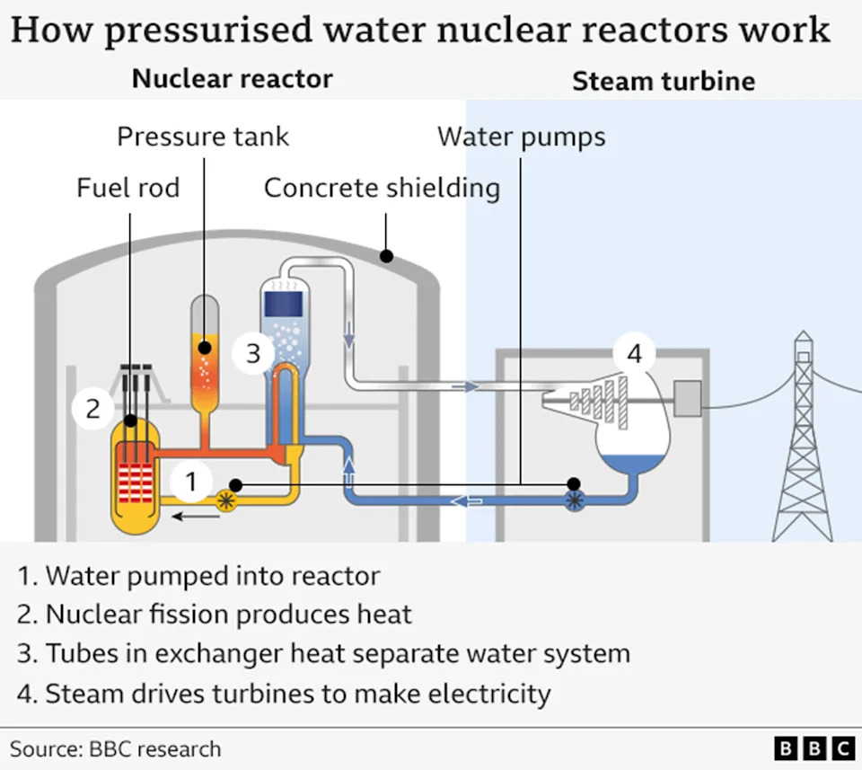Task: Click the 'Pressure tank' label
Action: (x=203, y=137)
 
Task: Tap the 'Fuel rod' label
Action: (x=128, y=188)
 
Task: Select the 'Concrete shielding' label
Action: (x=382, y=188)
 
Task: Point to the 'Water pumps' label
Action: (x=521, y=137)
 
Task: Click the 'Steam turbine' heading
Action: (x=664, y=81)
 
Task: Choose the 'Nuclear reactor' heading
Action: (x=232, y=78)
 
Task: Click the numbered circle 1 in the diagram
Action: (x=190, y=482)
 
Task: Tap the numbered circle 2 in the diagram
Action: (x=92, y=409)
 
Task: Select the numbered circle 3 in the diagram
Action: (x=253, y=353)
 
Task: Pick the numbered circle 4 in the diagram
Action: (x=634, y=354)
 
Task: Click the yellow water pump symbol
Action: (x=225, y=501)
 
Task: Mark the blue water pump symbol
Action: (x=574, y=501)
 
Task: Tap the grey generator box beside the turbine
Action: (x=688, y=398)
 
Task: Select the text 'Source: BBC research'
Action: (x=115, y=748)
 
